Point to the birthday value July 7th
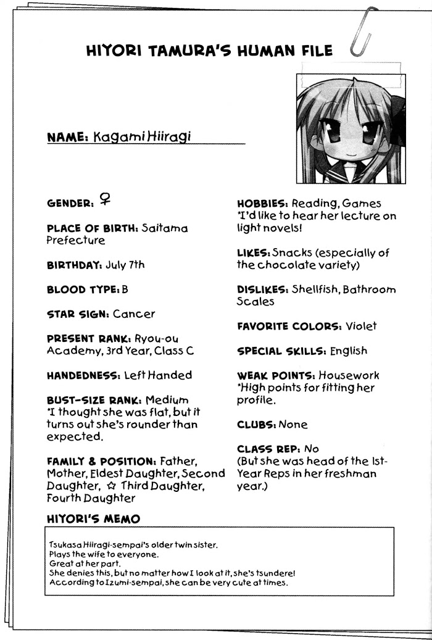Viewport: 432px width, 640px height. (125, 265)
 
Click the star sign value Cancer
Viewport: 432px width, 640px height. (134, 314)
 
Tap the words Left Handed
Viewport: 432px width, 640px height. (158, 375)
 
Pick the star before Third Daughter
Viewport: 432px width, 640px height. (112, 486)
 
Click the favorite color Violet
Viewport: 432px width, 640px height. (361, 326)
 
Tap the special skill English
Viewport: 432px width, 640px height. (349, 351)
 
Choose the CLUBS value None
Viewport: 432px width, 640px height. (293, 425)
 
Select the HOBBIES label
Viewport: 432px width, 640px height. (263, 203)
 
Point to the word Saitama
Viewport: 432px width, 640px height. (165, 228)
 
